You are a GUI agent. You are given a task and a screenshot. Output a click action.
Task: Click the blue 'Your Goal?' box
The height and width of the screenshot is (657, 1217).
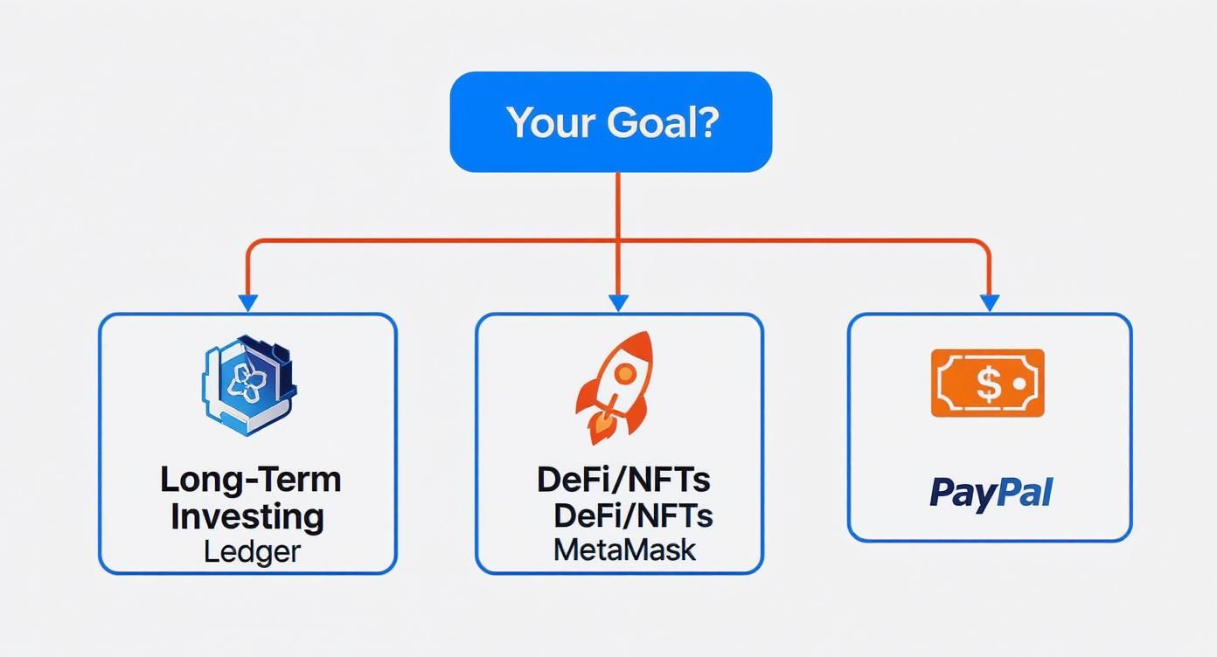point(610,122)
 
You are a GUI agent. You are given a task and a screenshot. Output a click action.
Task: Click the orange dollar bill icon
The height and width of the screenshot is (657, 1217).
point(987,383)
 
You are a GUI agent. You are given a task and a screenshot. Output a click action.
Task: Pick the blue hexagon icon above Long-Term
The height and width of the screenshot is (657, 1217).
point(250,384)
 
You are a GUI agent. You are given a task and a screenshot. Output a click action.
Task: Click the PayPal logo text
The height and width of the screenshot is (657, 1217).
point(990,492)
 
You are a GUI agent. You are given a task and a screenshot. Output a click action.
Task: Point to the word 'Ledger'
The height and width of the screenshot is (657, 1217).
point(252,551)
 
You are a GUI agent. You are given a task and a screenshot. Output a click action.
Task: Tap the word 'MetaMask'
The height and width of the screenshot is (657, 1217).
point(624,550)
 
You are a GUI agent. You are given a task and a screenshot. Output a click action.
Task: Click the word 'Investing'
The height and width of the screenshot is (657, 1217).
point(247,516)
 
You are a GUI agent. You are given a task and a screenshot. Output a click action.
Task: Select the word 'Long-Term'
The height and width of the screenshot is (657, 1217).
point(251,480)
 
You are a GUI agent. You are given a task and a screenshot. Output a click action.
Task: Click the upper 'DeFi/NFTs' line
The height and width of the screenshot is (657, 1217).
point(623,480)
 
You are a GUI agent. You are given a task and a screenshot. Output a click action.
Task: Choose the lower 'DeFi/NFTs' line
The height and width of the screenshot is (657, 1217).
point(632,515)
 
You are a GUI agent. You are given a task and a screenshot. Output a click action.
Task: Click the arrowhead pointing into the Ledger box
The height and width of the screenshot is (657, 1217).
point(248,303)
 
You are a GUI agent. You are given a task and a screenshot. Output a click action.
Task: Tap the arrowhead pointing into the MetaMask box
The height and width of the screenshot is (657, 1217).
point(618,303)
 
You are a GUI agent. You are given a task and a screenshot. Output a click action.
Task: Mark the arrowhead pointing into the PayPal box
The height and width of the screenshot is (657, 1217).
point(989,303)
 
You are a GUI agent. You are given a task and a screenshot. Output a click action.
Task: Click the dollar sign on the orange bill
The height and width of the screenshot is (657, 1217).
point(986,383)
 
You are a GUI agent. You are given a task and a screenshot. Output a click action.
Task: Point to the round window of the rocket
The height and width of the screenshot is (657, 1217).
point(624,374)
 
